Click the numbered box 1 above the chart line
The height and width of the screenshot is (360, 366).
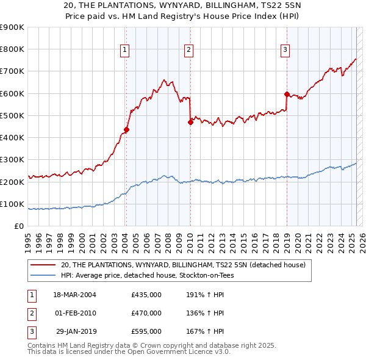tap(124, 50)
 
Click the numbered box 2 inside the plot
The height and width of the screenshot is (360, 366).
tap(189, 50)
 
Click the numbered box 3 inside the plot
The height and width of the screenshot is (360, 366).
tap(285, 50)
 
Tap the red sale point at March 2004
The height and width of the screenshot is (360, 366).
tap(126, 129)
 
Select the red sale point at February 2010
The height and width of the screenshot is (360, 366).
tap(190, 122)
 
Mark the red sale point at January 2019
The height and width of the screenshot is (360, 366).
tap(287, 94)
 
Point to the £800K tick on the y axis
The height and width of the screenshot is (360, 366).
tap(12, 49)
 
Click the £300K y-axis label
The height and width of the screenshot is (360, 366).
tap(12, 160)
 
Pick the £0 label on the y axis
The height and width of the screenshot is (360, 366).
tap(18, 226)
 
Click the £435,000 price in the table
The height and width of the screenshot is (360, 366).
tap(146, 295)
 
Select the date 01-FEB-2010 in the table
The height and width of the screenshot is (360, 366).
tap(76, 313)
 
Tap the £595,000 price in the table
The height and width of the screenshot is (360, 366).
tap(146, 331)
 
